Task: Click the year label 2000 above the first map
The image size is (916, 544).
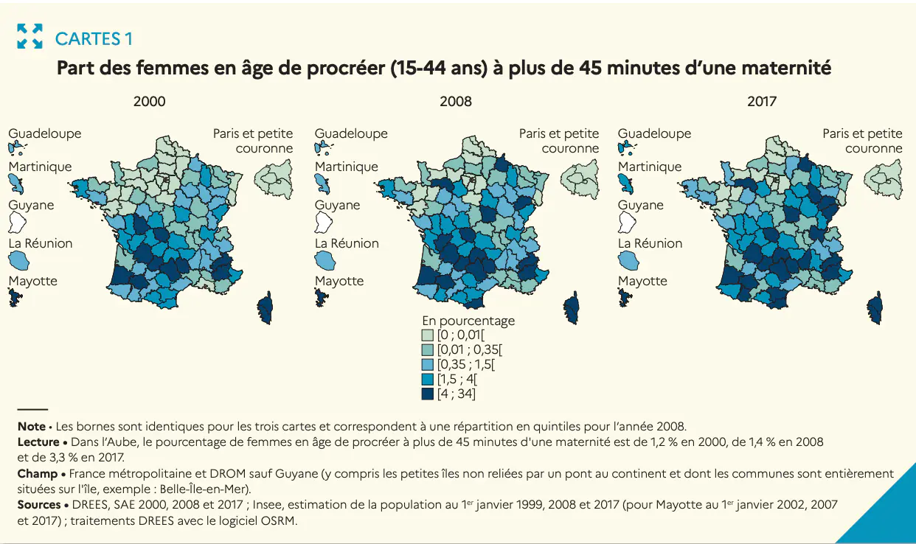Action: [149, 102]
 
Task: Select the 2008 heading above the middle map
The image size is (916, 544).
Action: [455, 102]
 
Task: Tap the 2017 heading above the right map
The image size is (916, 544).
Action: [761, 102]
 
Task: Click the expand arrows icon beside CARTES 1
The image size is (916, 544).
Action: [30, 36]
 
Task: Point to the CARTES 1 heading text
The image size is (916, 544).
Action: [94, 38]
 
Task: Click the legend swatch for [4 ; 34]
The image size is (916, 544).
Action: [427, 394]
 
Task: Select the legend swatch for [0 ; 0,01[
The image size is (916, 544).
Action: [427, 335]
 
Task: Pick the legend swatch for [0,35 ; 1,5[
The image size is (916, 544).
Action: [427, 364]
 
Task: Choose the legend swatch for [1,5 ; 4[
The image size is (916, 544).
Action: [427, 379]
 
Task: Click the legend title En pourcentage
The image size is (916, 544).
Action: [468, 321]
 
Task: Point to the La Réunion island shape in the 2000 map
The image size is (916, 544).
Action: [18, 259]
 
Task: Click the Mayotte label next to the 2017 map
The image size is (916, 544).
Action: [642, 281]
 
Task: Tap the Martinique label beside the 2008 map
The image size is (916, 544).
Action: [347, 167]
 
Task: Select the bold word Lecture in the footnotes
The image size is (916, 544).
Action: [38, 442]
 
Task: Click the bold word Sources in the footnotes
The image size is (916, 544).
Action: [39, 505]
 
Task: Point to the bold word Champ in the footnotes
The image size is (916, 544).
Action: [38, 473]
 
